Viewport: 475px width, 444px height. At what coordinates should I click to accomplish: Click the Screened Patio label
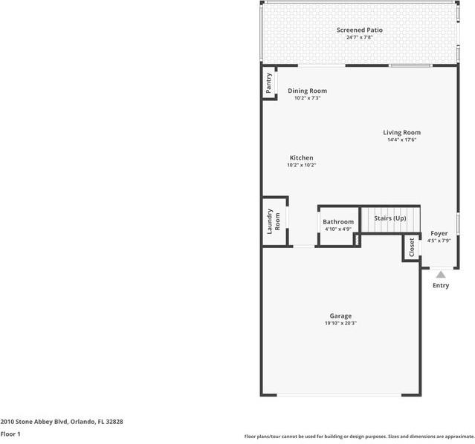(x=359, y=30)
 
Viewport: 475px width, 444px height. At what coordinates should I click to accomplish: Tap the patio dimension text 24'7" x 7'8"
(x=359, y=37)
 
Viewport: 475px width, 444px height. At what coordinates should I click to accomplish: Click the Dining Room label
(x=307, y=91)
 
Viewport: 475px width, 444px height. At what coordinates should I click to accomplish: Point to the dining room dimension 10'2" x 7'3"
(x=307, y=98)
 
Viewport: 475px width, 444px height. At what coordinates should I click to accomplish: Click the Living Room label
(x=401, y=133)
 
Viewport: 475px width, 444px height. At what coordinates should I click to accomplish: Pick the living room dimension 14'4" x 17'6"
(x=401, y=140)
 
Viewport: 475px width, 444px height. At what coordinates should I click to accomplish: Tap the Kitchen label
(x=301, y=158)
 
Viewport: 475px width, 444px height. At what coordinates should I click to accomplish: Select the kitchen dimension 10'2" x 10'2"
(x=301, y=165)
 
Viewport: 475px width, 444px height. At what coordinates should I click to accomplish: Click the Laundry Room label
(x=273, y=221)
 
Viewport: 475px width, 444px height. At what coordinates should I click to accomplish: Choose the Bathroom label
(x=337, y=222)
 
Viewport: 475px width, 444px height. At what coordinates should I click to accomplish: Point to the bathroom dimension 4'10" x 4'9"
(x=337, y=229)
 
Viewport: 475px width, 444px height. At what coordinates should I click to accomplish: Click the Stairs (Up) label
(x=390, y=218)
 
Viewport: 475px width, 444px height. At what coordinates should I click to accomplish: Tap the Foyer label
(x=439, y=233)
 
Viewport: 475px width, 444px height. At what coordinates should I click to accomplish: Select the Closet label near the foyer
(x=412, y=247)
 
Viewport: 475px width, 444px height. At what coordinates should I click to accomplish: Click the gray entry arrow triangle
(x=440, y=275)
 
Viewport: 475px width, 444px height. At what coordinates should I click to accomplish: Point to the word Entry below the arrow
(x=440, y=285)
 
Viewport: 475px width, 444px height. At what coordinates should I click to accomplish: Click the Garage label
(x=340, y=316)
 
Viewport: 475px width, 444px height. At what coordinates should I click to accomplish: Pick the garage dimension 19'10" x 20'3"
(x=340, y=323)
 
